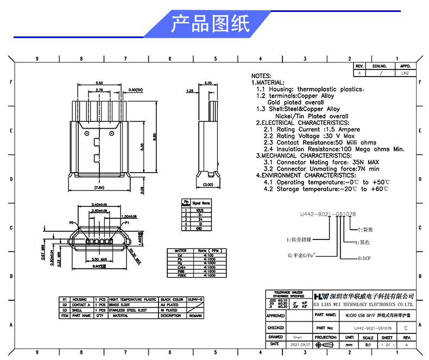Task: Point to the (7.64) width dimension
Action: [99, 187]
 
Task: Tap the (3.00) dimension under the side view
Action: [208, 185]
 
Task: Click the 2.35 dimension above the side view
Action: [208, 83]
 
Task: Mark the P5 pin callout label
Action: [71, 223]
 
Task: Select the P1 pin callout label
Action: [127, 223]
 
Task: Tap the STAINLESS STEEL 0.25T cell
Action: [128, 310]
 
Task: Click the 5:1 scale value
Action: [368, 344]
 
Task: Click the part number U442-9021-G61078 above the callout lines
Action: [327, 215]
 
